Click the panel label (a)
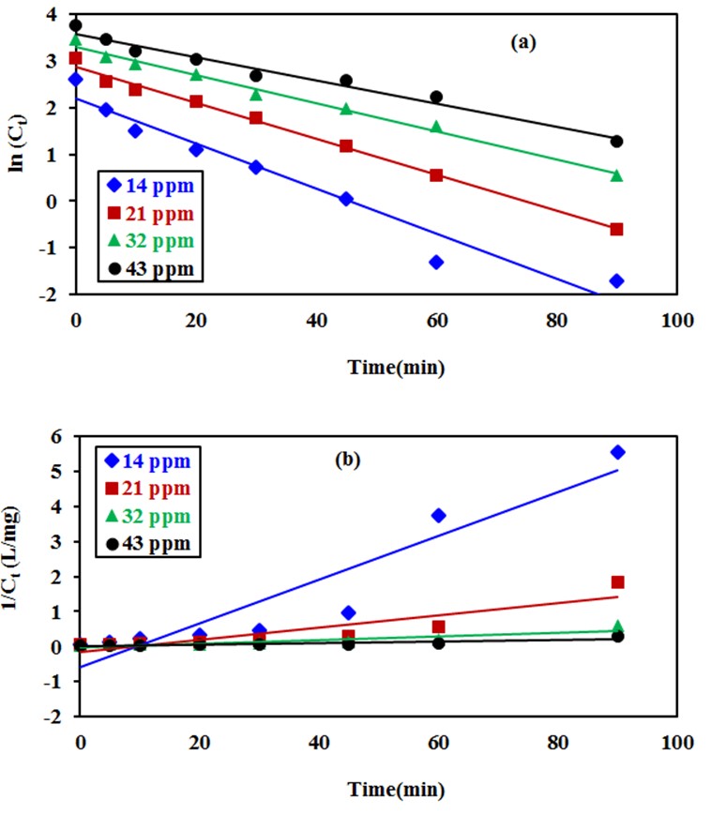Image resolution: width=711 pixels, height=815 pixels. coord(522,41)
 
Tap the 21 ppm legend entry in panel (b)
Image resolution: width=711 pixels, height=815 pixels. coord(146,489)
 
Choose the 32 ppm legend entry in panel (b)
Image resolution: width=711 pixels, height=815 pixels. coord(146,517)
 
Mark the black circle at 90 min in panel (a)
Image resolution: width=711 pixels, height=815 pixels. coord(616,142)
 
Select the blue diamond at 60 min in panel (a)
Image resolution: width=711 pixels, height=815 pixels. coord(436,262)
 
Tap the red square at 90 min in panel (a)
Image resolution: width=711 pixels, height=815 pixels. coord(616,229)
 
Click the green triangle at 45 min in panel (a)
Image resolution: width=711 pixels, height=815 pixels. coord(346,110)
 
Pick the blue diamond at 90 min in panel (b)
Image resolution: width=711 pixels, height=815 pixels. coord(616,452)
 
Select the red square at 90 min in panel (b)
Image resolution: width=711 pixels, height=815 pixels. coord(616,582)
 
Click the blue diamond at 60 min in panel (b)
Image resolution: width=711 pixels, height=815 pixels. coord(436,515)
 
